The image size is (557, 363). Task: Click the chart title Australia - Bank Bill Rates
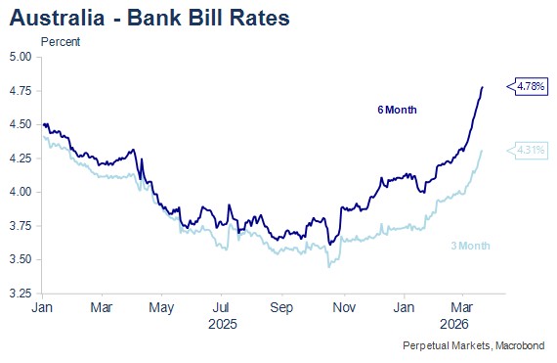(150, 18)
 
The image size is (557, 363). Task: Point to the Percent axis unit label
(61, 42)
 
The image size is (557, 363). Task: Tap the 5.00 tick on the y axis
(21, 57)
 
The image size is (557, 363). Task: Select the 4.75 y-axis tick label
(21, 91)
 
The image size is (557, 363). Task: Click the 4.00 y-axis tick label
(21, 192)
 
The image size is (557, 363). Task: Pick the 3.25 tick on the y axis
(21, 294)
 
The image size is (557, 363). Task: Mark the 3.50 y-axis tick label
(21, 259)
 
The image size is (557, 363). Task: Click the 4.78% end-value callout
(527, 86)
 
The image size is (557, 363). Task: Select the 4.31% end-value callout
(527, 151)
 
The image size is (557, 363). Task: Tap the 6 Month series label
(397, 110)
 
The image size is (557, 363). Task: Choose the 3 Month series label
(470, 246)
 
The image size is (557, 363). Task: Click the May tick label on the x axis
(161, 308)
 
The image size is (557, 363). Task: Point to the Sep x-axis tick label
(281, 307)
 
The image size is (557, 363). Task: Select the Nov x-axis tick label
(344, 307)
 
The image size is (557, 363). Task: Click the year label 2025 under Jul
(223, 324)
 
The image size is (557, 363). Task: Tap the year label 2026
(454, 324)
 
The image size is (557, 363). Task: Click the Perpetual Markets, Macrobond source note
(474, 345)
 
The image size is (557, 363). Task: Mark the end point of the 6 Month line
(482, 87)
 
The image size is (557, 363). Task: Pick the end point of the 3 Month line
(482, 151)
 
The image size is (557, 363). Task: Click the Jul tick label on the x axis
(221, 307)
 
